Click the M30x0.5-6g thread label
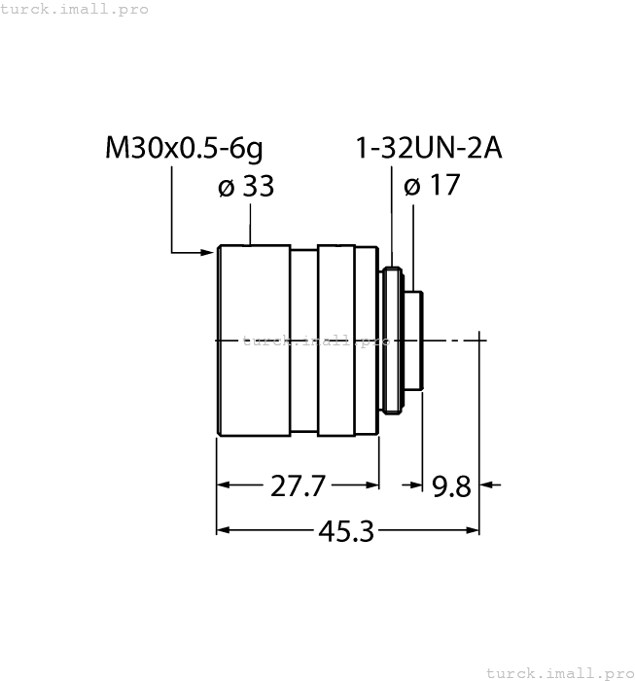tap(184, 149)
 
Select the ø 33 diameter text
tap(246, 187)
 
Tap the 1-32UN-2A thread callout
tap(428, 149)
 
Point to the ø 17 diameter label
tap(431, 187)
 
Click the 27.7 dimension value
tap(297, 485)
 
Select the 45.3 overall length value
tap(346, 531)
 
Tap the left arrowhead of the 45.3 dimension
tap(223, 530)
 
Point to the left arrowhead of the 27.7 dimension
tap(223, 484)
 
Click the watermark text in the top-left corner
tap(75, 9)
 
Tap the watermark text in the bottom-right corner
tap(559, 672)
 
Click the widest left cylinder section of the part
tap(253, 340)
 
